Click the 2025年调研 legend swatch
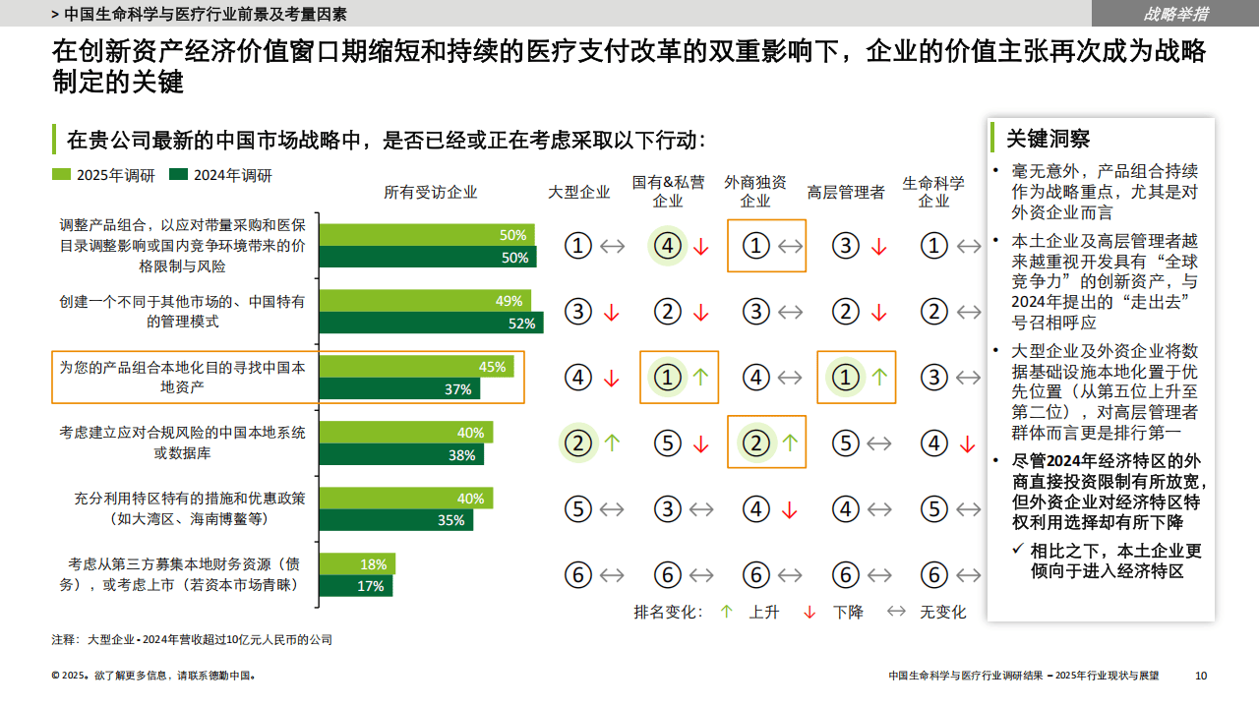[x=61, y=175]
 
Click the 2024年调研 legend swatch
[x=178, y=175]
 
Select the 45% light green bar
[x=416, y=367]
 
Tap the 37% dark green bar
[x=398, y=389]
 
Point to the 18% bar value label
[x=374, y=564]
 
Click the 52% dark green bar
[x=430, y=324]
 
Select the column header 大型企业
[x=579, y=193]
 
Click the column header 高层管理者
[x=846, y=193]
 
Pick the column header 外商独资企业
[x=755, y=192]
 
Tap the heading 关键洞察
[x=1048, y=139]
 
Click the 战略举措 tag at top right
[x=1175, y=14]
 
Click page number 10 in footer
[x=1201, y=676]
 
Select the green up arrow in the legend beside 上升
[x=726, y=612]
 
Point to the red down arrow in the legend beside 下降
[x=809, y=612]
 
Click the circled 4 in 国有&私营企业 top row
[x=668, y=246]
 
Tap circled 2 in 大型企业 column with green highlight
[x=578, y=443]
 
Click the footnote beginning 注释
[x=192, y=640]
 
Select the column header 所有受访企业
[x=431, y=193]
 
